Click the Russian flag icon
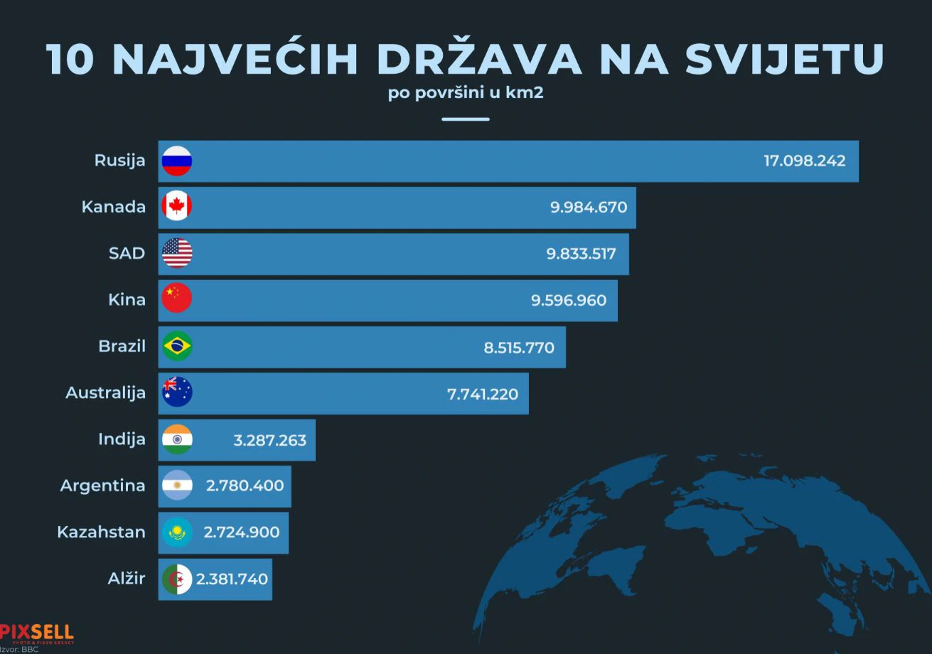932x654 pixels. (177, 161)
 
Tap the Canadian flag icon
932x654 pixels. (177, 207)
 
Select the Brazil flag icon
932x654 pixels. (177, 346)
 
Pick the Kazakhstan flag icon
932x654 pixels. (177, 532)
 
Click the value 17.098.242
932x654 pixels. (805, 161)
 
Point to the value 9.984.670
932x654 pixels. (589, 208)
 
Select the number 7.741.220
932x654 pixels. (483, 393)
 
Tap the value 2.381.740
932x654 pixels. (232, 579)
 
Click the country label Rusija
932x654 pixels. (119, 161)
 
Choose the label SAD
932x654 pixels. (127, 253)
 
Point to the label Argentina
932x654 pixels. (102, 486)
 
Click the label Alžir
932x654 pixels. (126, 579)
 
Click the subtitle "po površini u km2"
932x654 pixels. (466, 93)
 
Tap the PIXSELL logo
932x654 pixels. (37, 632)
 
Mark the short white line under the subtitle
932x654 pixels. (466, 119)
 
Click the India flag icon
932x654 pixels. (177, 439)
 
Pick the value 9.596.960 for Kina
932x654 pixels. (569, 300)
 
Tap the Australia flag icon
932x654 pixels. (177, 392)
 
